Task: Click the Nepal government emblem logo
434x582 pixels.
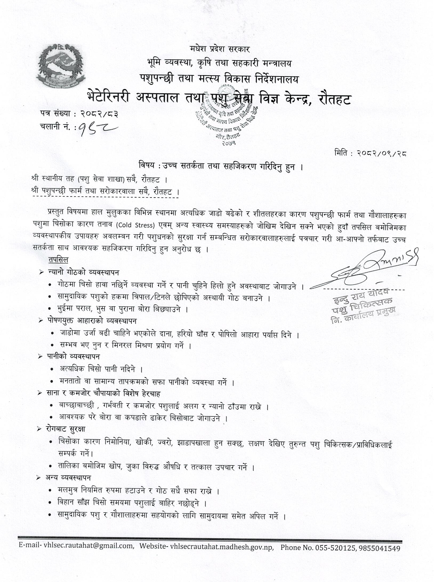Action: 61,67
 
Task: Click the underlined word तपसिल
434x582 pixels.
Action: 58,260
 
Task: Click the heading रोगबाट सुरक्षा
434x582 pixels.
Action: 66,429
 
